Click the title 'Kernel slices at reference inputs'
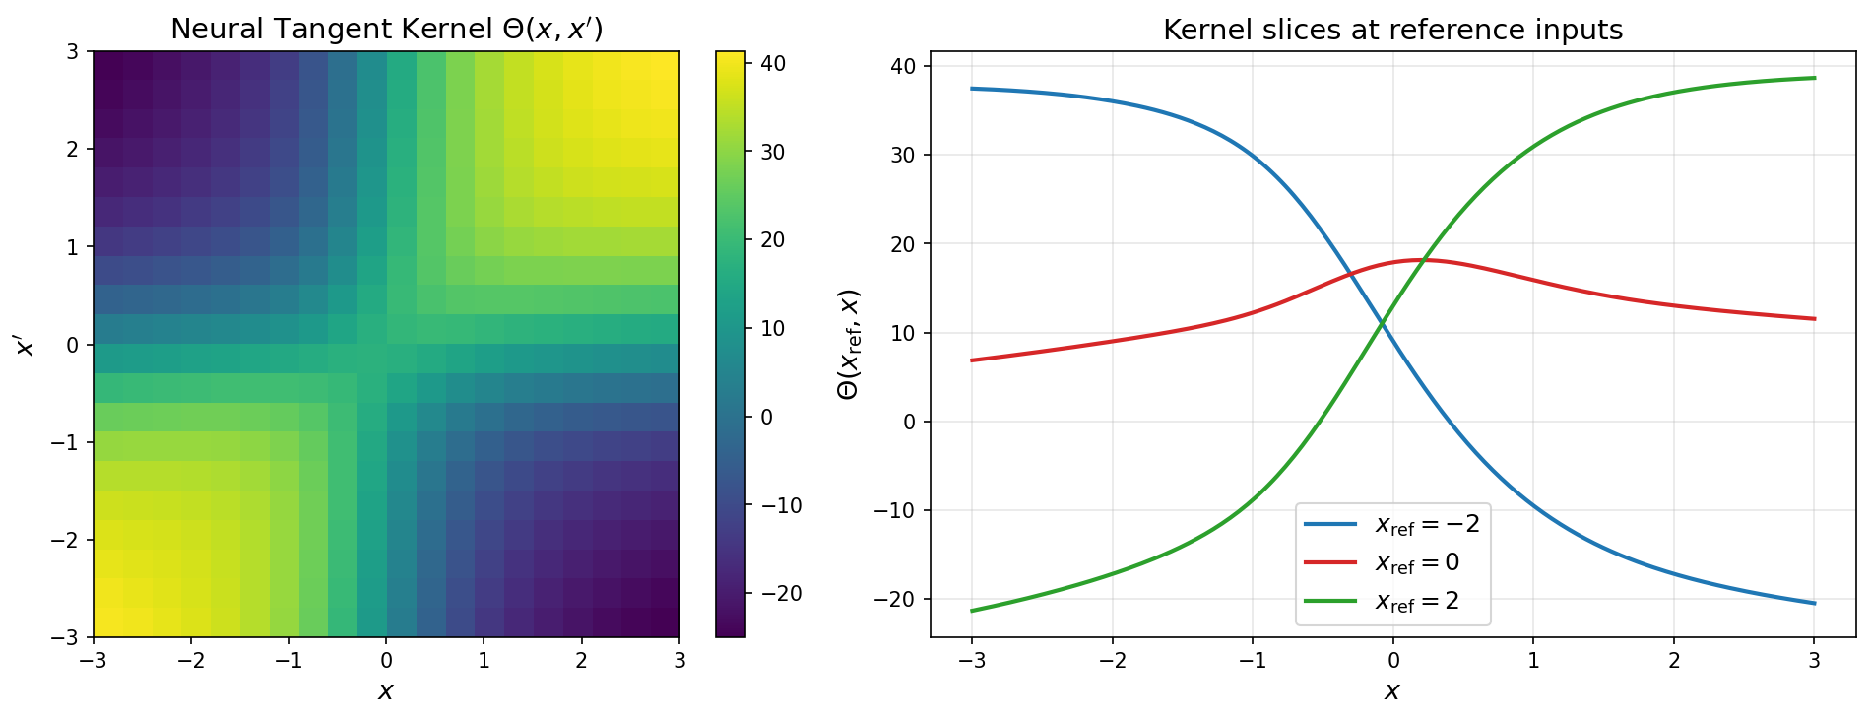click(1392, 30)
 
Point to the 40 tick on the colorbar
click(773, 64)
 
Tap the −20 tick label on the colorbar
click(775, 594)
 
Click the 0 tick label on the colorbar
click(767, 418)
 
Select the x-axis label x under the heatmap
click(386, 691)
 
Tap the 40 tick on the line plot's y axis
click(903, 66)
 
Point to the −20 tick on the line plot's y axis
click(895, 599)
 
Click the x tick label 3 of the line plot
click(1814, 660)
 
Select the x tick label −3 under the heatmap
click(94, 660)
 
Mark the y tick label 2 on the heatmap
click(72, 149)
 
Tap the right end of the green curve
click(1814, 78)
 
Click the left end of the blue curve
click(972, 89)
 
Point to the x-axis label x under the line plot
click(1392, 691)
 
